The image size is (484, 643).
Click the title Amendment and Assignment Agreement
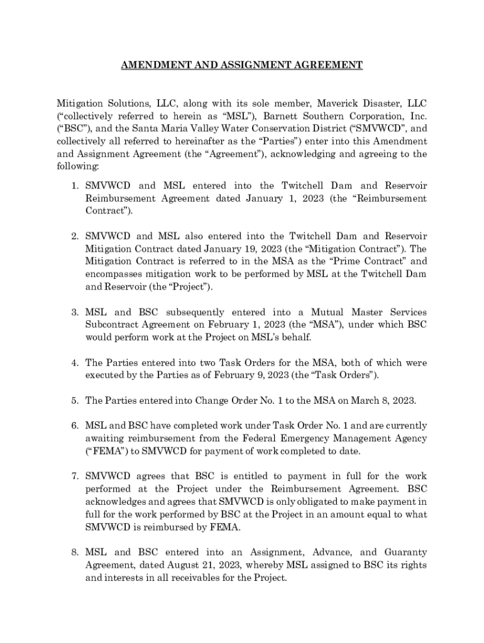pyautogui.click(x=242, y=65)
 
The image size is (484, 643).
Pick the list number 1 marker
pyautogui.click(x=74, y=186)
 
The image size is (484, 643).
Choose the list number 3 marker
pyautogui.click(x=74, y=312)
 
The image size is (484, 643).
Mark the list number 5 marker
pyautogui.click(x=74, y=401)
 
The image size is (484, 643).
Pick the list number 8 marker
pyautogui.click(x=74, y=553)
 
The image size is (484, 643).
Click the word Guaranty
pyautogui.click(x=404, y=553)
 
